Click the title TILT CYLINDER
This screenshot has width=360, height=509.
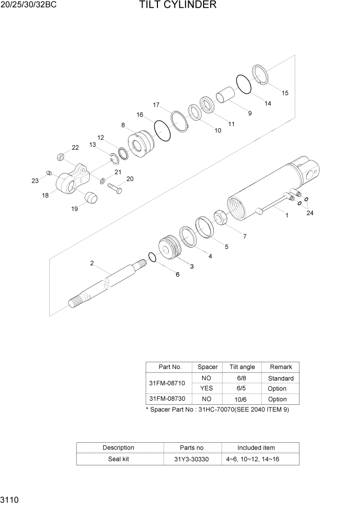tap(177, 6)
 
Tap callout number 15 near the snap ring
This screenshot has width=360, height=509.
tap(285, 93)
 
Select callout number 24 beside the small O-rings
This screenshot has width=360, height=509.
tap(309, 213)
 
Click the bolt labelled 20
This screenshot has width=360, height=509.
tap(114, 188)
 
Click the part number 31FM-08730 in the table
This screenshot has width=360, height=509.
tap(167, 399)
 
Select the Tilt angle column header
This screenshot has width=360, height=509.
tap(242, 367)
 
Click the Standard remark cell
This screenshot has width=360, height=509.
tap(281, 378)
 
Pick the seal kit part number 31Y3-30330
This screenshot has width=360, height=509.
tap(192, 459)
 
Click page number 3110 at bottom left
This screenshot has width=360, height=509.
tap(10, 499)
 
